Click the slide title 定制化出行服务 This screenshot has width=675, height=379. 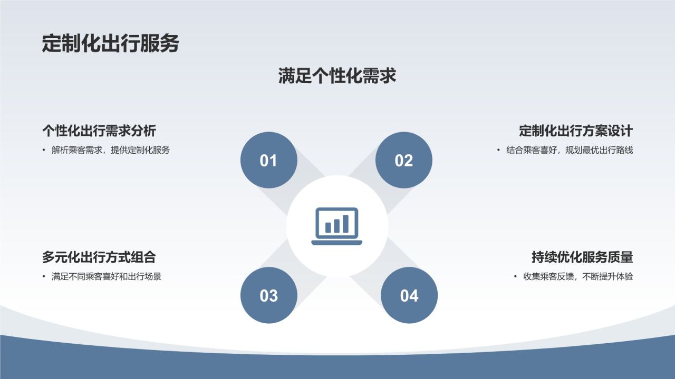(x=110, y=44)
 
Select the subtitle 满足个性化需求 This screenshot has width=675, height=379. (x=337, y=76)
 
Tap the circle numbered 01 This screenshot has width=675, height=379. (x=268, y=160)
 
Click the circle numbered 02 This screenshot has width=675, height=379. (x=403, y=160)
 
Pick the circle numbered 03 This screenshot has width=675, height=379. (x=268, y=295)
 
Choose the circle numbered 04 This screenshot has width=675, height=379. (x=409, y=295)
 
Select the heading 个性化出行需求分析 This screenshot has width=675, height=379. (x=99, y=131)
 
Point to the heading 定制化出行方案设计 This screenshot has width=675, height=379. (x=575, y=131)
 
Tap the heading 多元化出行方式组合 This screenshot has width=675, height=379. (x=99, y=257)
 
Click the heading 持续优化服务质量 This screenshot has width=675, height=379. (x=582, y=257)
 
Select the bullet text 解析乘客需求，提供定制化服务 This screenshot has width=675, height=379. (x=111, y=150)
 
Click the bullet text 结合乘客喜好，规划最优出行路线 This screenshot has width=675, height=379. (x=570, y=150)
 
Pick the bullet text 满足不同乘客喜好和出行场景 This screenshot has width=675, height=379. (x=106, y=276)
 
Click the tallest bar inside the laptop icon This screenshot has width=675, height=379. (x=346, y=223)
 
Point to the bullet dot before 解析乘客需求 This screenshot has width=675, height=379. (x=44, y=150)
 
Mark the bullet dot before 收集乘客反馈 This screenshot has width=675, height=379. (x=516, y=276)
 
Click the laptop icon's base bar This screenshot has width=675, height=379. (x=337, y=243)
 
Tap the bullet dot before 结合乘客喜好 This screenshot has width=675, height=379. (x=498, y=150)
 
